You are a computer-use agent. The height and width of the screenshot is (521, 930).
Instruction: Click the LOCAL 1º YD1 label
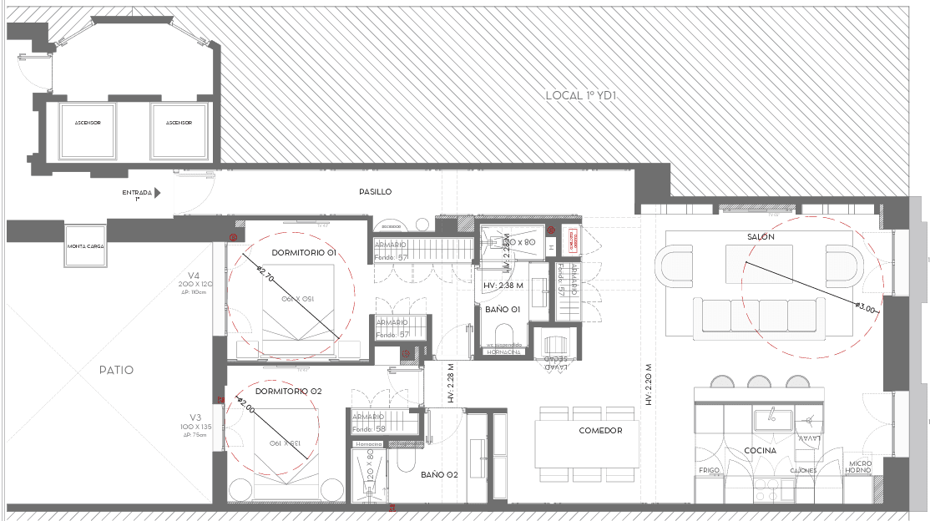click(580, 95)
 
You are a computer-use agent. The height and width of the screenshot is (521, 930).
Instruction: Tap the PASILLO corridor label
click(375, 192)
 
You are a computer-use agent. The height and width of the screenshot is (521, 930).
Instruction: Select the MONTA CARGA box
click(85, 246)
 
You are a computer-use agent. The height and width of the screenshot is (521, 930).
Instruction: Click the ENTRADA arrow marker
click(157, 192)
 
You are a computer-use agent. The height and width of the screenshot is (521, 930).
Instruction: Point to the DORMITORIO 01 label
click(304, 252)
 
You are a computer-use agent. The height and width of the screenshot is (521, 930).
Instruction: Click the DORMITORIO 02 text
click(288, 391)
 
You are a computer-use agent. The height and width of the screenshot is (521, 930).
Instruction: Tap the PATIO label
click(116, 370)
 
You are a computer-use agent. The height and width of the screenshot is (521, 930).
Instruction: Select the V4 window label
click(194, 276)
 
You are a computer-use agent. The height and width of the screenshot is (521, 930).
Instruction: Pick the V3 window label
click(195, 417)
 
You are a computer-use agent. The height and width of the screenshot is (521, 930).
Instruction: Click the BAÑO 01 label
click(503, 309)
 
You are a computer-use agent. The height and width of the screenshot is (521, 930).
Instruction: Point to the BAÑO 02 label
click(439, 474)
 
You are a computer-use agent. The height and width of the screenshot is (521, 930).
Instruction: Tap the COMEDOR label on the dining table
click(600, 431)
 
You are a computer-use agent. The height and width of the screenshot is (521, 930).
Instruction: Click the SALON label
click(761, 237)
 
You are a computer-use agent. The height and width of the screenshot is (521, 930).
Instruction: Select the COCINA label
click(761, 451)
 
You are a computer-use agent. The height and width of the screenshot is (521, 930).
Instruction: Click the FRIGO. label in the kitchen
click(709, 470)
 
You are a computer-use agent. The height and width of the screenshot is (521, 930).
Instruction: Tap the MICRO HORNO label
click(860, 467)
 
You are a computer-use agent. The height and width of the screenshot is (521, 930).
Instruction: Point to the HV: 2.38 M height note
click(503, 286)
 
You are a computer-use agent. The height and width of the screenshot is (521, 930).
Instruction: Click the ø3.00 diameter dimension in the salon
click(867, 309)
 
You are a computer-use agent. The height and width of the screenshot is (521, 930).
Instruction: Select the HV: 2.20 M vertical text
click(648, 385)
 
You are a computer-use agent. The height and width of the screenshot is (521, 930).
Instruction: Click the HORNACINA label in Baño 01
click(504, 352)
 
